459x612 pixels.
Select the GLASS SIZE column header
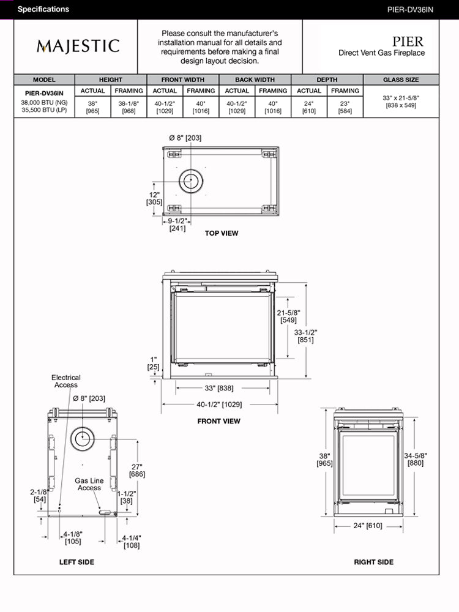401,80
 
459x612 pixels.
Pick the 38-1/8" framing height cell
129,107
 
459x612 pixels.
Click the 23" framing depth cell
345,107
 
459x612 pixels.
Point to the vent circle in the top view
192,181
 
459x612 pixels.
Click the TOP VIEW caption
222,233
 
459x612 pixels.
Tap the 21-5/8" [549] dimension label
288,316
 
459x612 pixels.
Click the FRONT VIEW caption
218,421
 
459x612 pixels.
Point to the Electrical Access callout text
65,381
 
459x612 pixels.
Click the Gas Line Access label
89,484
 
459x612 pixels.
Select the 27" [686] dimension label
137,470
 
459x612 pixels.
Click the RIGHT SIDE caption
373,562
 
